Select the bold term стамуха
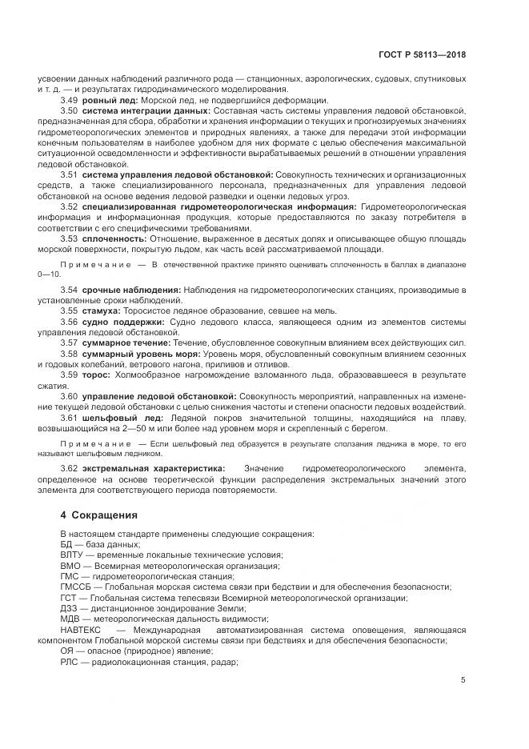(102, 310)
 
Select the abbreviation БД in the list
(66, 544)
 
